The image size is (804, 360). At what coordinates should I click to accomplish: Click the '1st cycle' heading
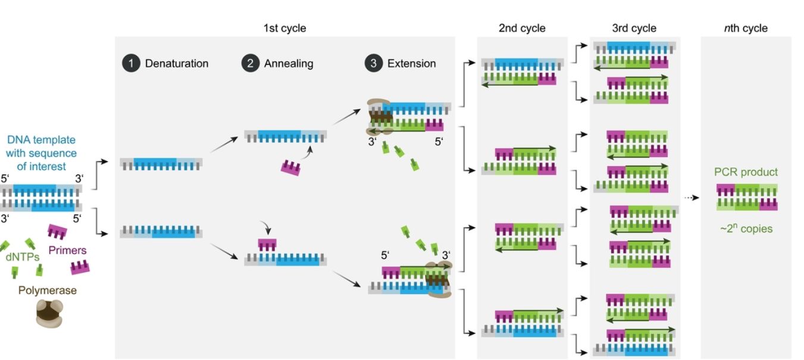coord(284,28)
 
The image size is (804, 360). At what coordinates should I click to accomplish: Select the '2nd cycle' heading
coord(522,28)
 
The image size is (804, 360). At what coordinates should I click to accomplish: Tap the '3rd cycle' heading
coord(634,28)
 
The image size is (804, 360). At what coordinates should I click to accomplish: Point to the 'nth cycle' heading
coord(746,28)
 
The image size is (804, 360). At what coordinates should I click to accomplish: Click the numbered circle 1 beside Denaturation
coord(131,63)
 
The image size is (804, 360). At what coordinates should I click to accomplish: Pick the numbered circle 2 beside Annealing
coord(251,63)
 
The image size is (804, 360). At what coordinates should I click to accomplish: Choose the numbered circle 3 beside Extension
coord(373,63)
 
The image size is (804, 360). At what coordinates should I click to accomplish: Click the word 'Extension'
coord(411,63)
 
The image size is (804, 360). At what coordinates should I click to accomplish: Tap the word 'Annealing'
coord(289,63)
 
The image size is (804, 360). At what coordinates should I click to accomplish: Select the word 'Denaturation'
coord(177,63)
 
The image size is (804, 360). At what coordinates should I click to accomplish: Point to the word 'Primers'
coord(67,250)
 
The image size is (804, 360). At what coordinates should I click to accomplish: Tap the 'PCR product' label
coord(746,172)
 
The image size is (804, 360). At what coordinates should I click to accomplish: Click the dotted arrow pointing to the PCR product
coord(690,198)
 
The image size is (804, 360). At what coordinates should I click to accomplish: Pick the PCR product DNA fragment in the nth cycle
coord(747,198)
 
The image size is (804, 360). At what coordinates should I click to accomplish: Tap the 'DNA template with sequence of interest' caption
coord(42,153)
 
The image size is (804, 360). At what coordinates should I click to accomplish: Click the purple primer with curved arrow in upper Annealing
coord(290,168)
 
